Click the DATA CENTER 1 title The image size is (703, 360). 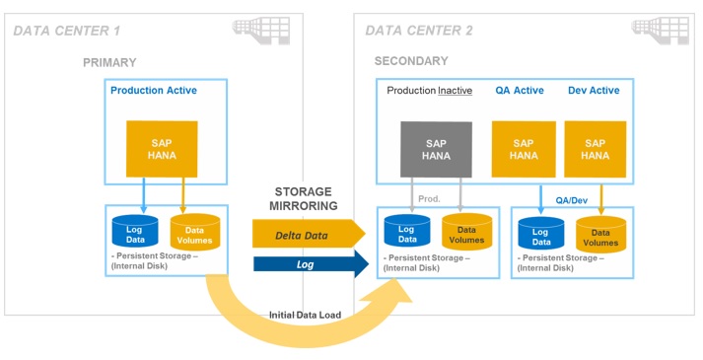(x=66, y=31)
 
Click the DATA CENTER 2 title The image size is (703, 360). (x=419, y=31)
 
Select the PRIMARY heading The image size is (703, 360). (x=109, y=62)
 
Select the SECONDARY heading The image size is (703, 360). (x=411, y=61)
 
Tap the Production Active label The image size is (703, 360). (x=153, y=91)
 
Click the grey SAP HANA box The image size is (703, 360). (x=436, y=149)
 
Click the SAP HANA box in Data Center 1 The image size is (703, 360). (x=161, y=149)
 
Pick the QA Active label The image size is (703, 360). (x=519, y=91)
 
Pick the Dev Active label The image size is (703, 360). (x=594, y=91)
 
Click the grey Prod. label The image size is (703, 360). (x=430, y=198)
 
